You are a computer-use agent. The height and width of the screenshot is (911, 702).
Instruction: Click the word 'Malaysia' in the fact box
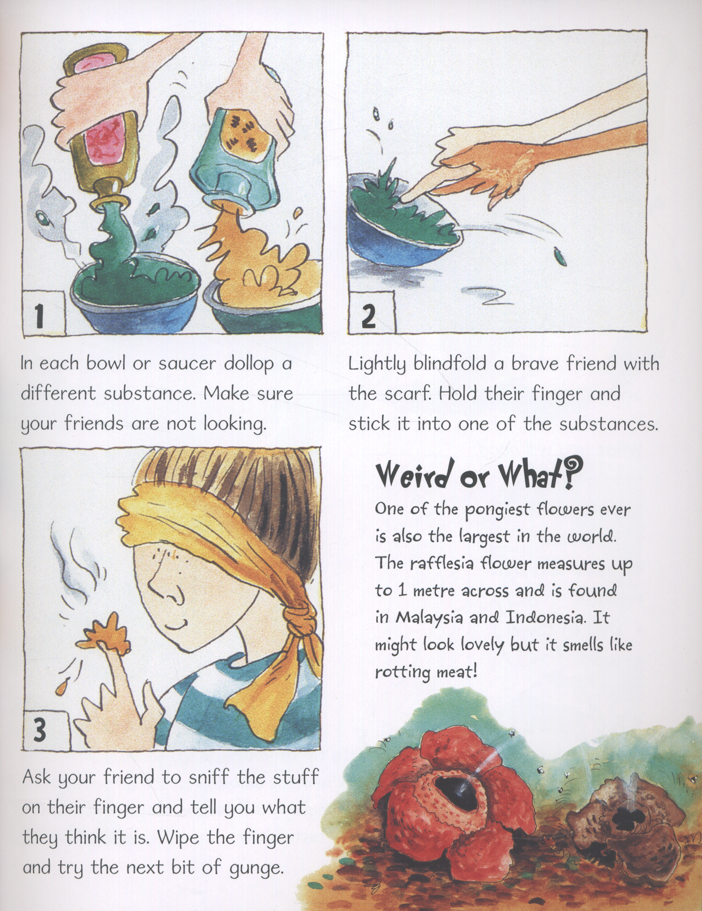coord(430,619)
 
